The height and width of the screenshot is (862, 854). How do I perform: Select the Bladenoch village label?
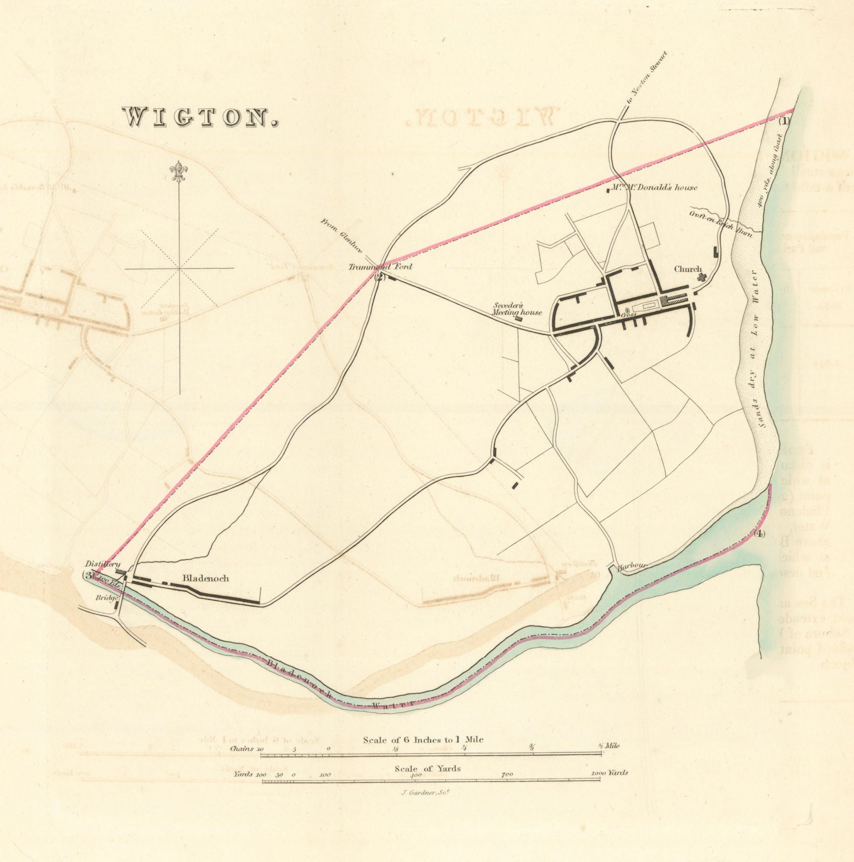tap(206, 579)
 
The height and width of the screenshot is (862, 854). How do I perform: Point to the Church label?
tap(689, 269)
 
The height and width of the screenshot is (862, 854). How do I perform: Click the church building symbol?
tap(702, 277)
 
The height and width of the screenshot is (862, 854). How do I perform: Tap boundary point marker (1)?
tap(785, 121)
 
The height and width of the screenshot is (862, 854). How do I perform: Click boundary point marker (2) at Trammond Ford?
tap(380, 277)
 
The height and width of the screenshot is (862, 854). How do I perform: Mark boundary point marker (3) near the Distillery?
tap(88, 575)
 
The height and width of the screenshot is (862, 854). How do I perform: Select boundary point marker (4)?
tap(759, 534)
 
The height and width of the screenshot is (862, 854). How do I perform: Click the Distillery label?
tap(99, 564)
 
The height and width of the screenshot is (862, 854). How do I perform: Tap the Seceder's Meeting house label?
tap(517, 309)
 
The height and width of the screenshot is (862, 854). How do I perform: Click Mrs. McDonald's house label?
tap(653, 187)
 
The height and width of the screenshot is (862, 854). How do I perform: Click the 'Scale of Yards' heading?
tap(427, 768)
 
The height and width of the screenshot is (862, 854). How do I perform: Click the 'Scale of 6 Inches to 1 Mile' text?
tap(423, 740)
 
